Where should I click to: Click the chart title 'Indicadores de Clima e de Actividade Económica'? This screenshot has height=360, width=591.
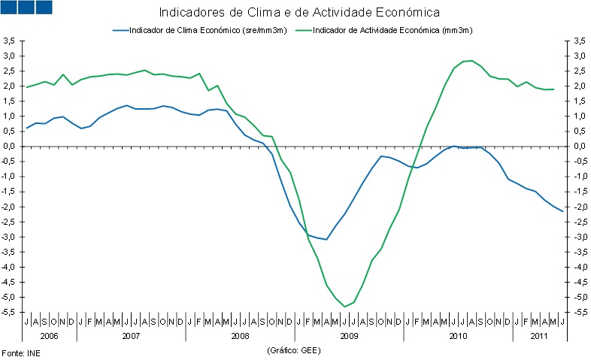tap(299, 13)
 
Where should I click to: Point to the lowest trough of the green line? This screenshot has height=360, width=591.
tap(344, 306)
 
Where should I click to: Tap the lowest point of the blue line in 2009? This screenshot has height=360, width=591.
tap(326, 239)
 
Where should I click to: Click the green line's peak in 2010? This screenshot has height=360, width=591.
tap(471, 60)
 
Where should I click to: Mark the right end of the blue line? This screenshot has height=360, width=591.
tap(562, 211)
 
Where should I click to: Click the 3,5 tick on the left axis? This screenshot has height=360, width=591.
tap(11, 41)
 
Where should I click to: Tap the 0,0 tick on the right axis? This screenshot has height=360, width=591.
tap(579, 147)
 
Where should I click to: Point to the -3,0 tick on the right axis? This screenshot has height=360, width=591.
tap(580, 237)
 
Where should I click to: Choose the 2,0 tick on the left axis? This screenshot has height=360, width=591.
tap(11, 86)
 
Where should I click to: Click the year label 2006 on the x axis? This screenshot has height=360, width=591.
tap(50, 336)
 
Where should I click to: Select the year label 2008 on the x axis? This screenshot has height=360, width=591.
tap(240, 336)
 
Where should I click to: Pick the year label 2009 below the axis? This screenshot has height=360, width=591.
tap(349, 336)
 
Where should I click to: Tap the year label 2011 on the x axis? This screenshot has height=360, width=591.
tap(539, 336)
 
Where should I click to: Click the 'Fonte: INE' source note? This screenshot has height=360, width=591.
tap(20, 352)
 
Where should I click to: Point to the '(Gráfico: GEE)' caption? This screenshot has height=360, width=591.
tap(295, 350)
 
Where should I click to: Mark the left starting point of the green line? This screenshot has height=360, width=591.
tap(27, 87)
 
